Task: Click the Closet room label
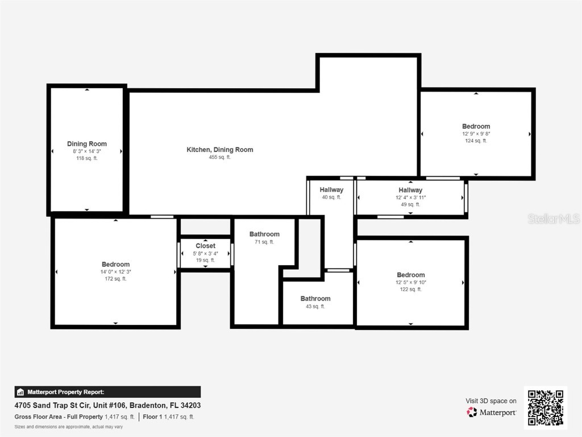[x=205, y=246]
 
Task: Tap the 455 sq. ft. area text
[x=220, y=157]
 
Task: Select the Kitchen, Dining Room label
[x=220, y=150]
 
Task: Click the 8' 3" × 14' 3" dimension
[x=87, y=151]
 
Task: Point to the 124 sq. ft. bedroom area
[x=476, y=141]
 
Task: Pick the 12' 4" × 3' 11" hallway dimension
[x=410, y=197]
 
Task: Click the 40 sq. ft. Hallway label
[x=331, y=190]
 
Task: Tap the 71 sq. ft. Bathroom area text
[x=264, y=242]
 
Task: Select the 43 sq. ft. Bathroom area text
[x=315, y=306]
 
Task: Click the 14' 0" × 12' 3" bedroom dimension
[x=115, y=271]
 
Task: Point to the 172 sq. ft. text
[x=115, y=279]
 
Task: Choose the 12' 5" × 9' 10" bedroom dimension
[x=410, y=282]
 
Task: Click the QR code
[x=545, y=407]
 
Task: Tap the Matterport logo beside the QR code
[x=492, y=412]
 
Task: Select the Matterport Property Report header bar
[x=107, y=392]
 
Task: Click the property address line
[x=107, y=406]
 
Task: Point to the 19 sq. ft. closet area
[x=205, y=260]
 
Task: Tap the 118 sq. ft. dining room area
[x=87, y=158]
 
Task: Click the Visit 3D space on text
[x=491, y=401]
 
